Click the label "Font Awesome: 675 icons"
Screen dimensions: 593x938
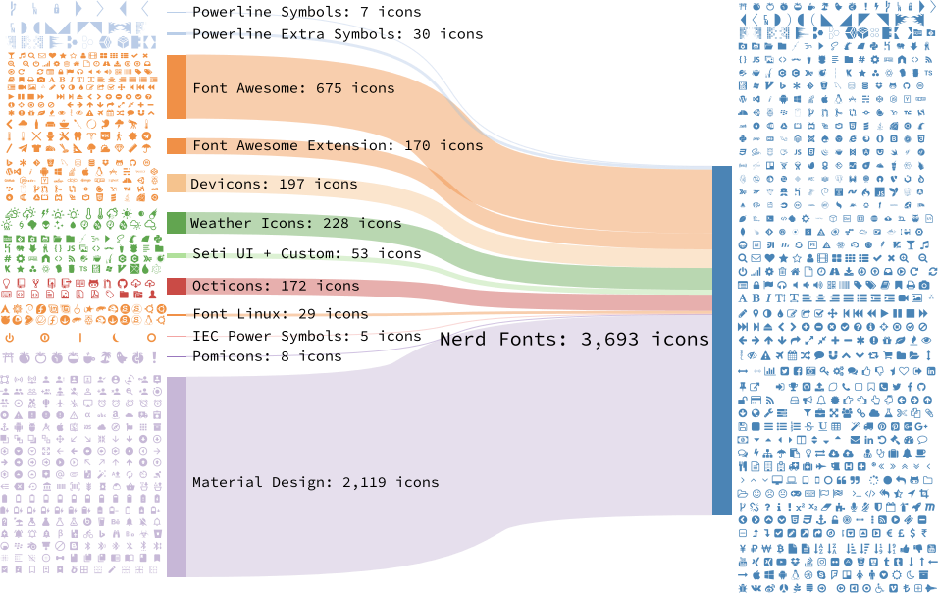pyautogui.click(x=293, y=88)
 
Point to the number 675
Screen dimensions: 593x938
pyautogui.click(x=328, y=88)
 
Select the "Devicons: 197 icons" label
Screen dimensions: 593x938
pyautogui.click(x=274, y=184)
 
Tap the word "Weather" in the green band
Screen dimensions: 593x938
pyautogui.click(x=221, y=223)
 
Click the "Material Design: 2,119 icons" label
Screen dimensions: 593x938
pyautogui.click(x=315, y=482)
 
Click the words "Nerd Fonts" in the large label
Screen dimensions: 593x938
pyautogui.click(x=492, y=340)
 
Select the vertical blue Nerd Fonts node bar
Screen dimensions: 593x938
pyautogui.click(x=721, y=340)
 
